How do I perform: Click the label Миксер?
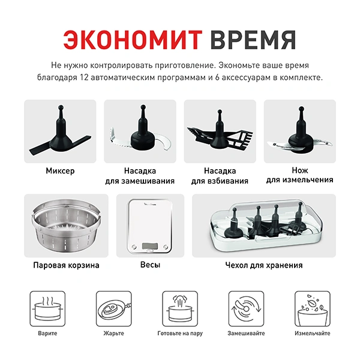[x=60, y=171]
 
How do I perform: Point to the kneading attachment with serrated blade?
[x=140, y=132]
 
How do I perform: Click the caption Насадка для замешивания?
[x=140, y=175]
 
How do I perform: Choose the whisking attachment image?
[x=220, y=132]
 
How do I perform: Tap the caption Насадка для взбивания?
[x=220, y=175]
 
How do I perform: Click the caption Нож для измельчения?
[x=299, y=175]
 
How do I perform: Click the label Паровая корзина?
[x=66, y=265]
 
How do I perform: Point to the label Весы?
[x=150, y=265]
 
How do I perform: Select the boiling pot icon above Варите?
[x=47, y=308]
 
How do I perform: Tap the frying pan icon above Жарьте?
[x=113, y=308]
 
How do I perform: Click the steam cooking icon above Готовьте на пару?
[x=179, y=308]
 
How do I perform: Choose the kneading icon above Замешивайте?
[x=245, y=308]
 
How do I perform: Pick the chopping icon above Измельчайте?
[x=312, y=308]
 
